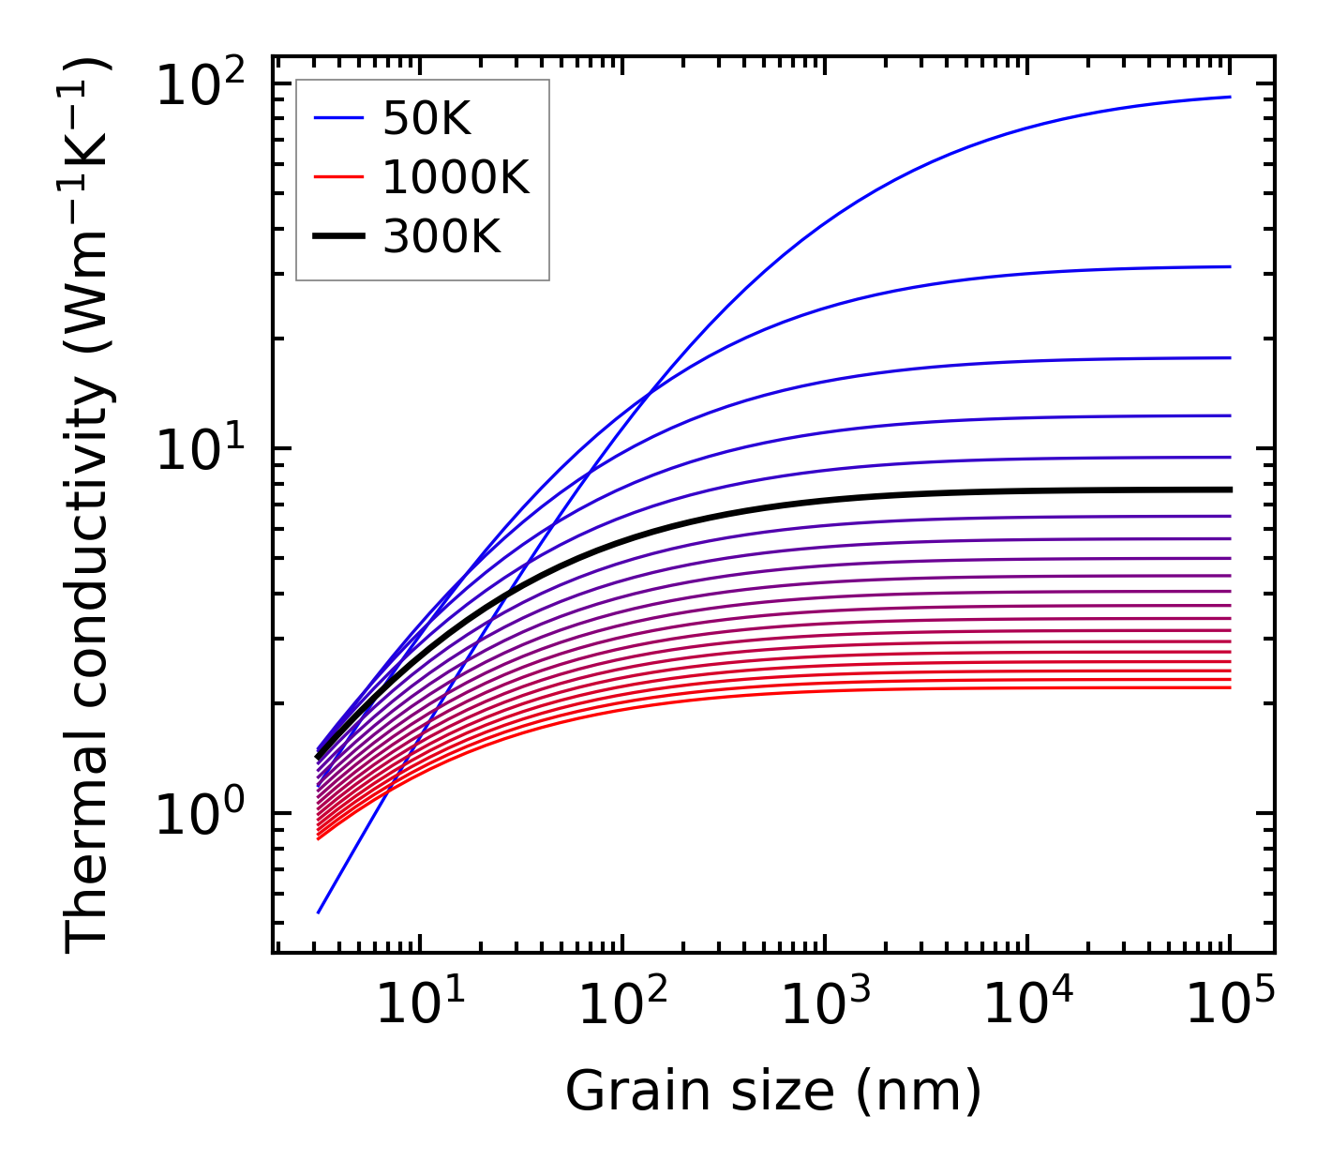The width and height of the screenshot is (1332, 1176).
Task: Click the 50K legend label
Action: (x=426, y=119)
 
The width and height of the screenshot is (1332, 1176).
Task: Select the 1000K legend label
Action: (x=456, y=177)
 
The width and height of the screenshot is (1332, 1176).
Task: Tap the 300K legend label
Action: (x=442, y=237)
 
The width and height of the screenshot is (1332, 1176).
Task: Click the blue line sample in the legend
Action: (x=337, y=118)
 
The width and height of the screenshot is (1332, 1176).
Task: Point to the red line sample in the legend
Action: (x=337, y=177)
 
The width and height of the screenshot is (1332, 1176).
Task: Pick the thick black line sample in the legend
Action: (x=337, y=237)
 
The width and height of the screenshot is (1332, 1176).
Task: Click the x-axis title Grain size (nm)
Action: (x=773, y=1091)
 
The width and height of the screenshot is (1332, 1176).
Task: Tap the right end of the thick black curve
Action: (x=1229, y=490)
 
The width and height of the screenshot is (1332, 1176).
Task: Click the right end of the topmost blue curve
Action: (x=1229, y=97)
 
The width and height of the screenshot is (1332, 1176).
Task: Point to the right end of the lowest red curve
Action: (x=1229, y=687)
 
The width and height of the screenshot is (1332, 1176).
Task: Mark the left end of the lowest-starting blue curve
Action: (x=320, y=912)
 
